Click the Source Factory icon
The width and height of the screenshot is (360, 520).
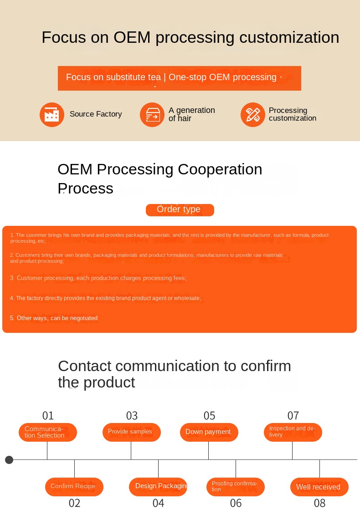[x=52, y=115]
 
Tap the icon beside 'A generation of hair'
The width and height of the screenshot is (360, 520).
[x=152, y=115]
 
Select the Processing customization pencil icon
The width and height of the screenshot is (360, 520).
[x=253, y=115]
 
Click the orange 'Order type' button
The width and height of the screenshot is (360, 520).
[x=180, y=210]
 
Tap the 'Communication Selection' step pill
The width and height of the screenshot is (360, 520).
[x=48, y=432]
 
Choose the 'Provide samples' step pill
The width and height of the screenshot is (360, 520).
[x=131, y=432]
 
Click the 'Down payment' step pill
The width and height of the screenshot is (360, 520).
[x=209, y=432]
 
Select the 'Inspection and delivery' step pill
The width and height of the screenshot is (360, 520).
[x=293, y=432]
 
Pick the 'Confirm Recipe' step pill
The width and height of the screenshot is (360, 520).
[x=74, y=487]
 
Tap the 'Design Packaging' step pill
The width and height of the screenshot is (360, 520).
[x=158, y=487]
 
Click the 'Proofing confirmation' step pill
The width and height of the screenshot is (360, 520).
[x=236, y=487]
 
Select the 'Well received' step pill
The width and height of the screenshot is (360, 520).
[x=319, y=487]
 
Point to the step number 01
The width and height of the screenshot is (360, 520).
[x=48, y=416]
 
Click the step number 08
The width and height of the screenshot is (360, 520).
[x=320, y=503]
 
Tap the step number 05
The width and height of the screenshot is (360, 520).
[x=209, y=416]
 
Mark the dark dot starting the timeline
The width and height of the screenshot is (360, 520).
[x=9, y=460]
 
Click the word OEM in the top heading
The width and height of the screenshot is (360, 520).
[x=132, y=37]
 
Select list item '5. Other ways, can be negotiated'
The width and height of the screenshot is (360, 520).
[x=54, y=318]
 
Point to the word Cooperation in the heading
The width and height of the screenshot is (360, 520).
[x=220, y=169]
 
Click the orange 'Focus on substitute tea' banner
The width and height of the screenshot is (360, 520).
[x=180, y=78]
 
